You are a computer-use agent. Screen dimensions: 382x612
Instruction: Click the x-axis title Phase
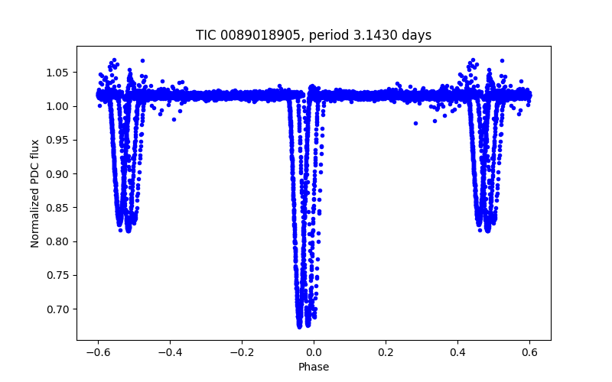pyautogui.click(x=314, y=367)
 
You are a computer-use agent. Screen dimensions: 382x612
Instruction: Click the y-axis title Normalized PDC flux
pyautogui.click(x=35, y=193)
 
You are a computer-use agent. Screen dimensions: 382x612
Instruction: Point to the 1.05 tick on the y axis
pyautogui.click(x=59, y=73)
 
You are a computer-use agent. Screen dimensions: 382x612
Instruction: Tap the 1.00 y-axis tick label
pyautogui.click(x=59, y=106)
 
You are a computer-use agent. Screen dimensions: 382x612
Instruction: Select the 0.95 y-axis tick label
pyautogui.click(x=59, y=140)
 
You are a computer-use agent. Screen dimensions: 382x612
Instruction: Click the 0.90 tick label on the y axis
pyautogui.click(x=59, y=174)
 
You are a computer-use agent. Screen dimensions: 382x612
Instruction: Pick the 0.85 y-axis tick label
pyautogui.click(x=59, y=208)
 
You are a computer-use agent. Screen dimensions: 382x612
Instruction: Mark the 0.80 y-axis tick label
pyautogui.click(x=59, y=241)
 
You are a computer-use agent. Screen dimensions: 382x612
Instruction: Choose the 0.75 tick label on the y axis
pyautogui.click(x=59, y=276)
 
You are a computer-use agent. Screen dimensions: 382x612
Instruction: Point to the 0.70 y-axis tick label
pyautogui.click(x=59, y=309)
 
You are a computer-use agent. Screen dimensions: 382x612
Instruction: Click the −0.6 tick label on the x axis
pyautogui.click(x=98, y=352)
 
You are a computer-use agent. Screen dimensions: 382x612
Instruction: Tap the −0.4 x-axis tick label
pyautogui.click(x=170, y=352)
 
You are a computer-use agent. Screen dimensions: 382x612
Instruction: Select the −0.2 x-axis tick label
pyautogui.click(x=242, y=352)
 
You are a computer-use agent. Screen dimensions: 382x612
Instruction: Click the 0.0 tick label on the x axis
pyautogui.click(x=314, y=352)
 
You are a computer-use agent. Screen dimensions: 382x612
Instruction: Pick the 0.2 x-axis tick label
pyautogui.click(x=386, y=352)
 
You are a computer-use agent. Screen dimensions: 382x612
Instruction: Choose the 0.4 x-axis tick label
pyautogui.click(x=457, y=352)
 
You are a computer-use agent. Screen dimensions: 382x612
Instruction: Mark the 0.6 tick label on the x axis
pyautogui.click(x=529, y=352)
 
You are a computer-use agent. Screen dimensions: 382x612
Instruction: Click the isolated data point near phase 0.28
pyautogui.click(x=415, y=123)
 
